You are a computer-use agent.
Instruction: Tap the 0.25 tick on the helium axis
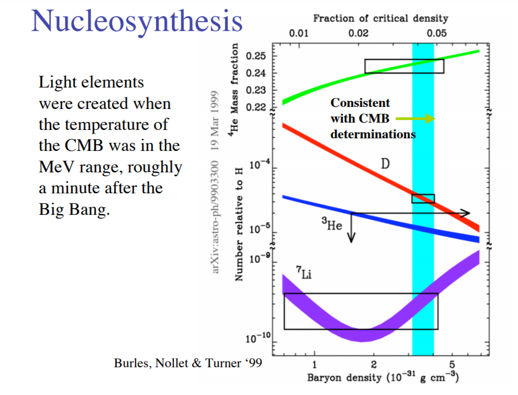pyautogui.click(x=256, y=56)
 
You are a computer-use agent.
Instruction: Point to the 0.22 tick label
pyautogui.click(x=256, y=108)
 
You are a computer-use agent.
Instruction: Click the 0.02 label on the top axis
pyautogui.click(x=358, y=34)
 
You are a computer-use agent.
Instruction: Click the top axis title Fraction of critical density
pyautogui.click(x=380, y=18)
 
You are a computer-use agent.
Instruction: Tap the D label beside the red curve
pyautogui.click(x=385, y=164)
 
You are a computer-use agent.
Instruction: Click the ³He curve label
pyautogui.click(x=332, y=226)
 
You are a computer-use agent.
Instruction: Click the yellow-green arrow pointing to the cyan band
pyautogui.click(x=415, y=119)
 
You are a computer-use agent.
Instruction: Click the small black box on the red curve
pyautogui.click(x=423, y=199)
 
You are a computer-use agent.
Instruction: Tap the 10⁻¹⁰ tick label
pyautogui.click(x=256, y=339)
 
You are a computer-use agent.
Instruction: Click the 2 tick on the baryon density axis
pyautogui.click(x=374, y=364)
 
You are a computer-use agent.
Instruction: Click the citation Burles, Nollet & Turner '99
pyautogui.click(x=188, y=363)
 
